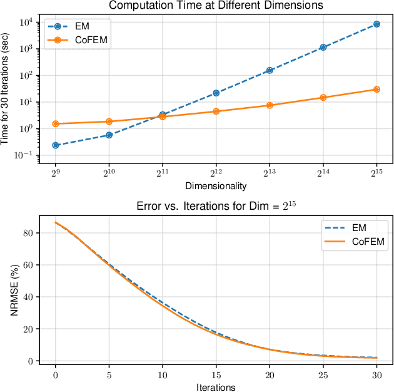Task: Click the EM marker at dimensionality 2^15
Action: (x=376, y=24)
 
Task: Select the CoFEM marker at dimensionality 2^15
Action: (x=376, y=90)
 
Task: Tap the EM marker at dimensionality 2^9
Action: (x=56, y=145)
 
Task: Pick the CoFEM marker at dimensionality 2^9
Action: (x=56, y=124)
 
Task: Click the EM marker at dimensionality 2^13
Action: (x=270, y=70)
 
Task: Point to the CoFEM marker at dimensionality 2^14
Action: (x=323, y=98)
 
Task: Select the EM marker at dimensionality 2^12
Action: (x=216, y=93)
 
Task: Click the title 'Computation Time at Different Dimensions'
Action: (x=216, y=6)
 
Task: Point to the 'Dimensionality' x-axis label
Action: (x=216, y=186)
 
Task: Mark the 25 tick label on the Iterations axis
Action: (x=323, y=374)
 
